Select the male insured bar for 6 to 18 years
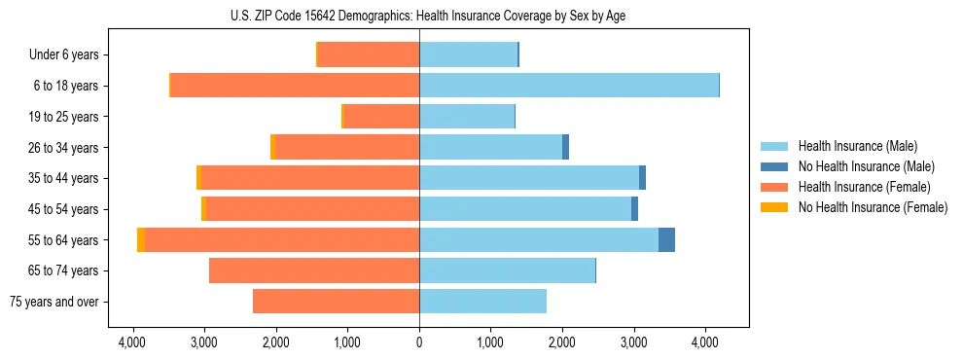tap(569, 86)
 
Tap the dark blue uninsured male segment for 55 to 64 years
tap(666, 239)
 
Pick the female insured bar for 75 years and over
tap(336, 302)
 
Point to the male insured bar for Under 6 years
tap(468, 54)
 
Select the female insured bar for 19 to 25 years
tap(381, 117)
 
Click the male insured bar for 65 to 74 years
tap(507, 270)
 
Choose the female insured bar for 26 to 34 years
tap(347, 147)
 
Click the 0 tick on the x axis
tap(419, 342)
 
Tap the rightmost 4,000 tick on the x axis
tap(705, 342)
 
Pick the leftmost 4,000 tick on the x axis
tap(132, 342)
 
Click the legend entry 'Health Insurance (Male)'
tap(857, 146)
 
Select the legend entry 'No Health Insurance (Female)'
tap(872, 207)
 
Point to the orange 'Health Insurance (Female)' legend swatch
tap(774, 187)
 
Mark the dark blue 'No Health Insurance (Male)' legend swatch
tap(774, 166)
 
